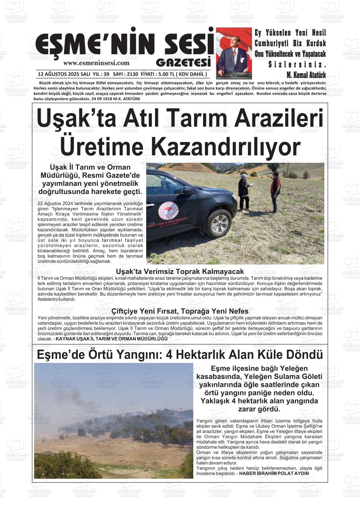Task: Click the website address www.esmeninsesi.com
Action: click(x=96, y=63)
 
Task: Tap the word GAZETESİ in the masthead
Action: click(x=183, y=62)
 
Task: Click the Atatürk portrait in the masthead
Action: click(x=234, y=53)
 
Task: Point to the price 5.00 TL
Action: click(x=165, y=74)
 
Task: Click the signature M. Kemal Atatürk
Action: click(x=306, y=75)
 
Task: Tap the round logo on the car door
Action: click(x=168, y=211)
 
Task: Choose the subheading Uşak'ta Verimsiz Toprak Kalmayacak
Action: click(x=180, y=271)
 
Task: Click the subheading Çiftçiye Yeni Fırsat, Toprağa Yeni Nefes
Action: click(x=180, y=311)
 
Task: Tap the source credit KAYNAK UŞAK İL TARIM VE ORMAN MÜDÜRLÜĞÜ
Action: click(x=111, y=339)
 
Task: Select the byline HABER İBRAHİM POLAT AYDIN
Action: click(x=274, y=473)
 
